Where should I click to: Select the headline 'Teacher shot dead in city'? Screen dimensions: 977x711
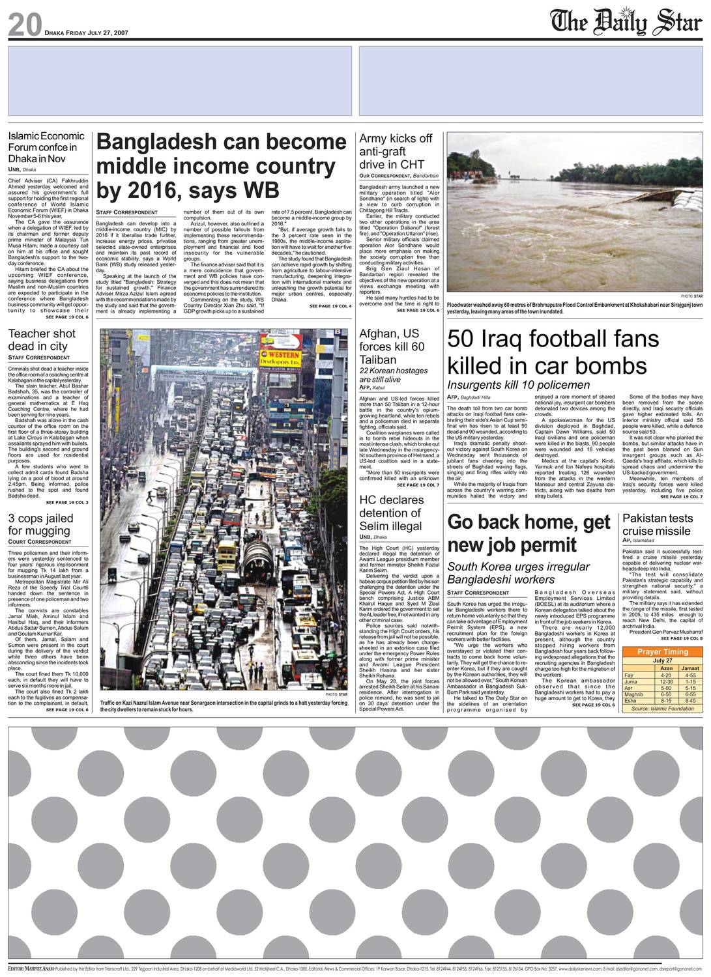click(42, 339)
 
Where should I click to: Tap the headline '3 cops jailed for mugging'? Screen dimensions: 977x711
click(40, 524)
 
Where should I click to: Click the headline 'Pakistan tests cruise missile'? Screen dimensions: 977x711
click(658, 524)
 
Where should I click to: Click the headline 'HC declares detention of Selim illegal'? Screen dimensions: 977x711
click(391, 513)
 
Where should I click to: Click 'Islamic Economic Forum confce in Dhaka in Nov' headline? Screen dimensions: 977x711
click(46, 147)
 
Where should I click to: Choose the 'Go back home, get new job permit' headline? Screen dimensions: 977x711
click(529, 533)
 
